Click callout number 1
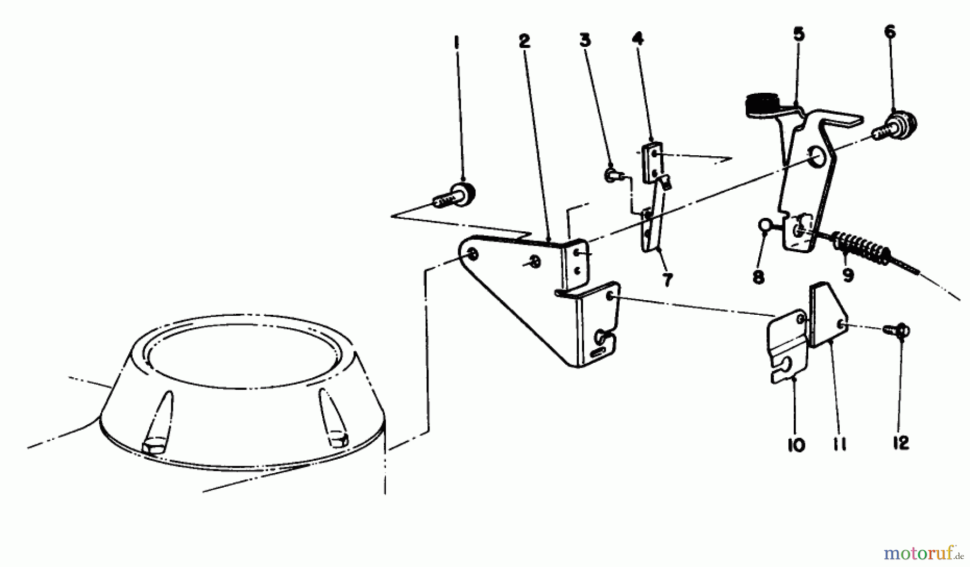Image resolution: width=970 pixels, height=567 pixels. [x=457, y=42]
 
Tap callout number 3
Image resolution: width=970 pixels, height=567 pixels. [x=585, y=40]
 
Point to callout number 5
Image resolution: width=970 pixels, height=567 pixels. [x=799, y=34]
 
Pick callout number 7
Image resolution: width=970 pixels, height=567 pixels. [x=668, y=280]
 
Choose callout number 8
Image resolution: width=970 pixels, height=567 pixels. [x=758, y=277]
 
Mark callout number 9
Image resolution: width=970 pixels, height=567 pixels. [x=848, y=276]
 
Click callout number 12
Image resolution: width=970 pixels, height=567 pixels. [x=900, y=443]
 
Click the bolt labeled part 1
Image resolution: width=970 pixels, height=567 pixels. [x=455, y=195]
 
